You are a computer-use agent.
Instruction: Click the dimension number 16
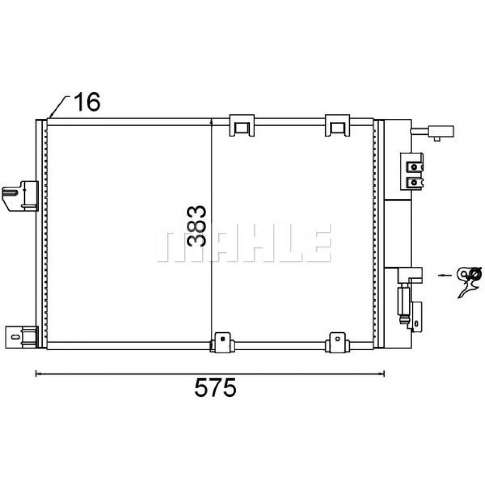point(87,102)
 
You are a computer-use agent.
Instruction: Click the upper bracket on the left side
point(21,195)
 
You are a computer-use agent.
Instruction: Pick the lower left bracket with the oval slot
point(21,336)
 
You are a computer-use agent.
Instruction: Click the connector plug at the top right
point(441,131)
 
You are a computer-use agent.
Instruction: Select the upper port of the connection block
point(413,167)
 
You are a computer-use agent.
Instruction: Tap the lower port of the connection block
point(413,182)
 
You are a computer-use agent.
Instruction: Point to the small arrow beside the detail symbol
point(444,275)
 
